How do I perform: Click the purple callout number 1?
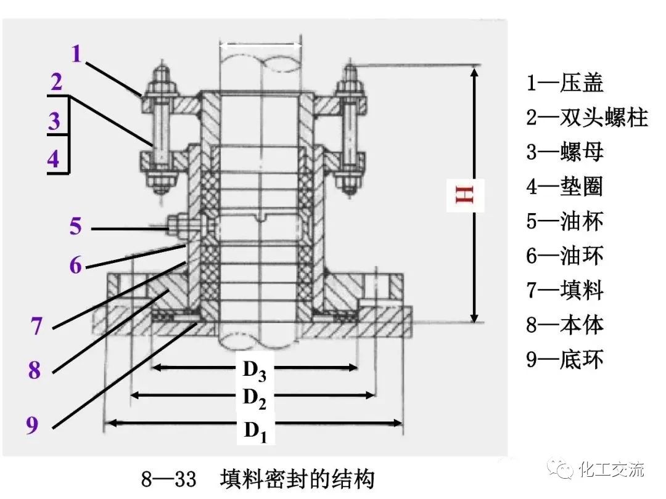point(76,54)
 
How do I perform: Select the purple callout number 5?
point(75,226)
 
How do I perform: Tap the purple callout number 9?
point(32,425)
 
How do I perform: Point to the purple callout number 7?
point(37,325)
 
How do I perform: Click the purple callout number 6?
point(75,266)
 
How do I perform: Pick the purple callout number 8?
point(34,370)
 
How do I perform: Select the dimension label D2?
point(254,398)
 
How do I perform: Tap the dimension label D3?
point(254,371)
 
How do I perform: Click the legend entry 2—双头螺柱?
point(586,117)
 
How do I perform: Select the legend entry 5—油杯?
point(564,221)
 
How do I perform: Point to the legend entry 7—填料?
point(564,290)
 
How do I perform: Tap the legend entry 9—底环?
point(564,359)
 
